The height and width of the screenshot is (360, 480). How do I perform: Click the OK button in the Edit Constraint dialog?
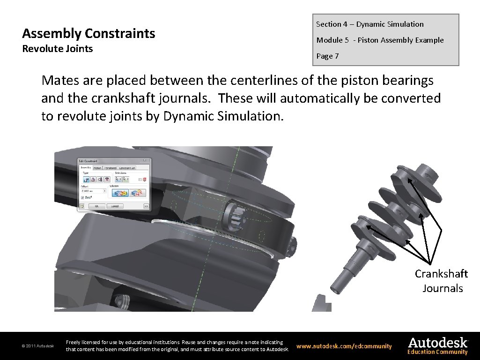coord(97,206)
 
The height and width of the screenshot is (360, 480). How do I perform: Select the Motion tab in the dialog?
coord(97,168)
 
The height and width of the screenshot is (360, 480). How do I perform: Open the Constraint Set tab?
coord(127,168)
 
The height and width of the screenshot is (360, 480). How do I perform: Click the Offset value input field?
coord(92,191)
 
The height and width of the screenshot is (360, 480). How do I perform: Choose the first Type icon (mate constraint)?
coord(86,180)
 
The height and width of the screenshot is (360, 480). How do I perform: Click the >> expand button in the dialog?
coord(146,206)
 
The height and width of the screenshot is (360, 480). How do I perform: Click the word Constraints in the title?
coord(120,34)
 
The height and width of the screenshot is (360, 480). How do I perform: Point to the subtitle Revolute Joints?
coord(58,49)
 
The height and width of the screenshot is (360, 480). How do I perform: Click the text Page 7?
coord(327,56)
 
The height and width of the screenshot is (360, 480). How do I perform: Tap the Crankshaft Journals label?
coord(442,281)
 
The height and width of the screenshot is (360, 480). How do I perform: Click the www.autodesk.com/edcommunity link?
coord(344,346)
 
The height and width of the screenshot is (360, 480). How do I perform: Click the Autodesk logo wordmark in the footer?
coord(438,343)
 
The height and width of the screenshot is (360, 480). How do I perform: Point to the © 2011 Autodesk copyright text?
coord(37,346)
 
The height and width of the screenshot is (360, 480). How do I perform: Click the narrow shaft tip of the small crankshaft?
coord(337,284)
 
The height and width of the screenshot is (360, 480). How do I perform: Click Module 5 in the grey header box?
coord(332,40)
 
